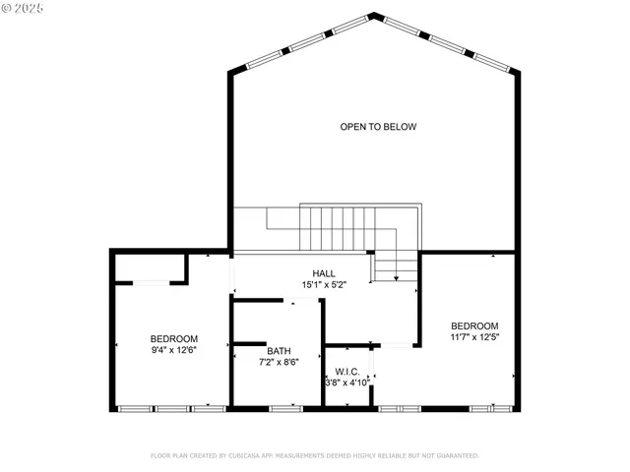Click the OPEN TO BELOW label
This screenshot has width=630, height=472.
tap(378, 127)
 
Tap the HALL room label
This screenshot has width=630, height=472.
tap(324, 273)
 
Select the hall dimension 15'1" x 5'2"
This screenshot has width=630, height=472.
tap(324, 285)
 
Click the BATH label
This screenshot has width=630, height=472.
tap(279, 350)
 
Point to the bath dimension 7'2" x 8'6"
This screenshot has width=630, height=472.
tap(279, 362)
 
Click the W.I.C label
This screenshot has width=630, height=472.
tap(346, 372)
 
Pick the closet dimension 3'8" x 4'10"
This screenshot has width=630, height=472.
tap(347, 383)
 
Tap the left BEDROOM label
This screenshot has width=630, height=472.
tap(174, 339)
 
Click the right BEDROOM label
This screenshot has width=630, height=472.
tap(474, 326)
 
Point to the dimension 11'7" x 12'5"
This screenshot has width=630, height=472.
tap(474, 338)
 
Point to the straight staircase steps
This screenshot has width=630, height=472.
tap(335, 228)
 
